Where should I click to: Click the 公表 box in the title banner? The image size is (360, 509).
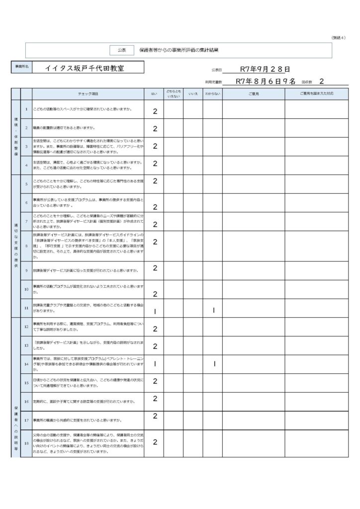point(122,50)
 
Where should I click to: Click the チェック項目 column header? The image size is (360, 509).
point(88,93)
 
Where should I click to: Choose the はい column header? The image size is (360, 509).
point(154,93)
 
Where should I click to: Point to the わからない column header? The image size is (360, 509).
point(213,93)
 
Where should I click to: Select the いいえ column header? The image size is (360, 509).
point(193,93)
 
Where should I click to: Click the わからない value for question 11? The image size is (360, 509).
point(213,311)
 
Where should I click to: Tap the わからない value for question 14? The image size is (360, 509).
point(214,364)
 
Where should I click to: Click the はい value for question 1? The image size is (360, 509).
point(155,111)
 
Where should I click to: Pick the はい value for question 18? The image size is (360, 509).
point(155,442)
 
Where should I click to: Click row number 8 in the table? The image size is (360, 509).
point(26,246)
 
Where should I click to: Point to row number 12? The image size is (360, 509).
point(26,327)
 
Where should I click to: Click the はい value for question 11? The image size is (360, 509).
point(155,311)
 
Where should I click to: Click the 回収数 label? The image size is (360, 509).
point(306,81)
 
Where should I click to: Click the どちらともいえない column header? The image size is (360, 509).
point(174,93)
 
